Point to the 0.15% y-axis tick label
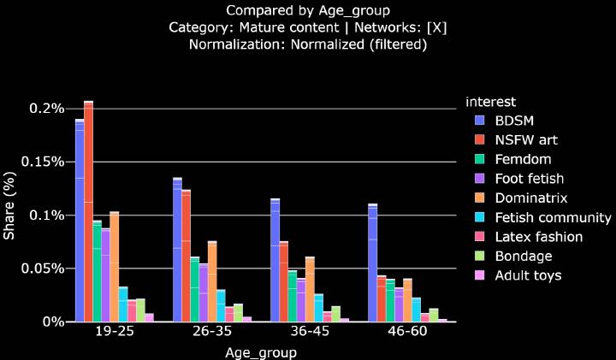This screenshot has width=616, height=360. [45, 162]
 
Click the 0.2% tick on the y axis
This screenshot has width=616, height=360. [49, 109]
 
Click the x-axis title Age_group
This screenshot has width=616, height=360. [261, 352]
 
